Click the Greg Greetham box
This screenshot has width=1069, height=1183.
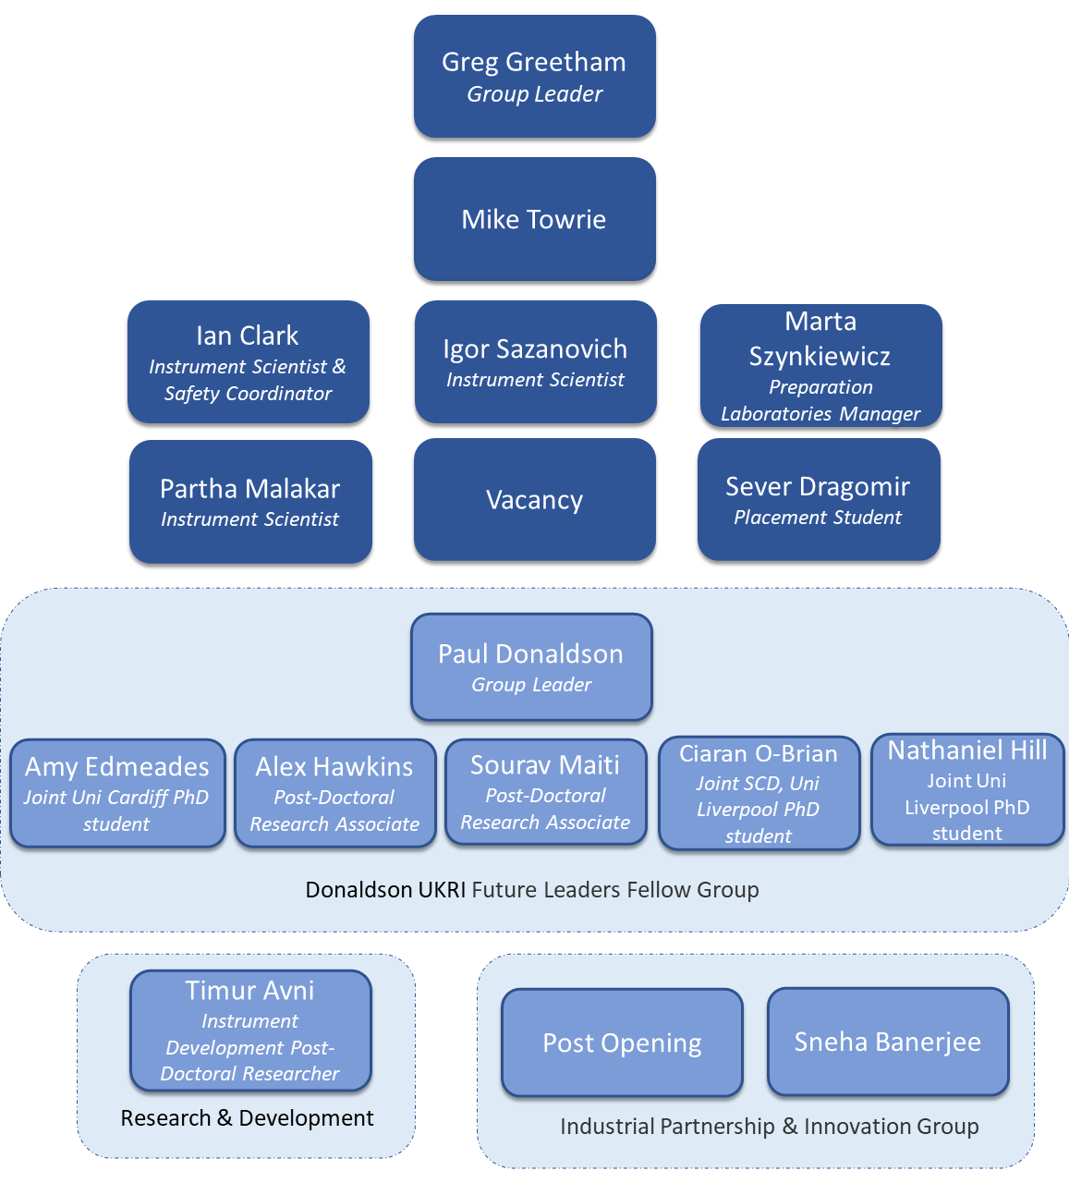534,77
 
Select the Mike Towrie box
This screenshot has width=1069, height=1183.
534,219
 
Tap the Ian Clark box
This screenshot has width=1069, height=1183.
248,362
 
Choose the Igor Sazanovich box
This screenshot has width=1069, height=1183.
535,362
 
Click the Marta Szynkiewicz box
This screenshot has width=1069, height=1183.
820,366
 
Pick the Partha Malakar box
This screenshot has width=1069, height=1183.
250,502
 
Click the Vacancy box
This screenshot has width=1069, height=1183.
534,500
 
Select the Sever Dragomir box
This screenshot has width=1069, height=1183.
818,500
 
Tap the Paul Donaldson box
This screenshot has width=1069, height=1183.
531,667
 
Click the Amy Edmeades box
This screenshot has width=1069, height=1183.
117,793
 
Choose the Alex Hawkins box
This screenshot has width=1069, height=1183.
334,793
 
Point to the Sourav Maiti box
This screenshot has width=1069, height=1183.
545,792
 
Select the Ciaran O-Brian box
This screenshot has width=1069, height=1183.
759,793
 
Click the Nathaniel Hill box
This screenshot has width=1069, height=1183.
967,790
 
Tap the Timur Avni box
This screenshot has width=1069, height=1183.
250,1031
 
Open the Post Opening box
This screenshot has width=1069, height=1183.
622,1043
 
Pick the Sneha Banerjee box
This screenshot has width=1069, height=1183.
888,1042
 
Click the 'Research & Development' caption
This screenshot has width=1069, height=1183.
247,1118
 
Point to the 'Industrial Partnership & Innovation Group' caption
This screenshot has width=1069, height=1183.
769,1127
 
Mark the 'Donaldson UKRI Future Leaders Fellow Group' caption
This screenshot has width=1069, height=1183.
532,890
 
